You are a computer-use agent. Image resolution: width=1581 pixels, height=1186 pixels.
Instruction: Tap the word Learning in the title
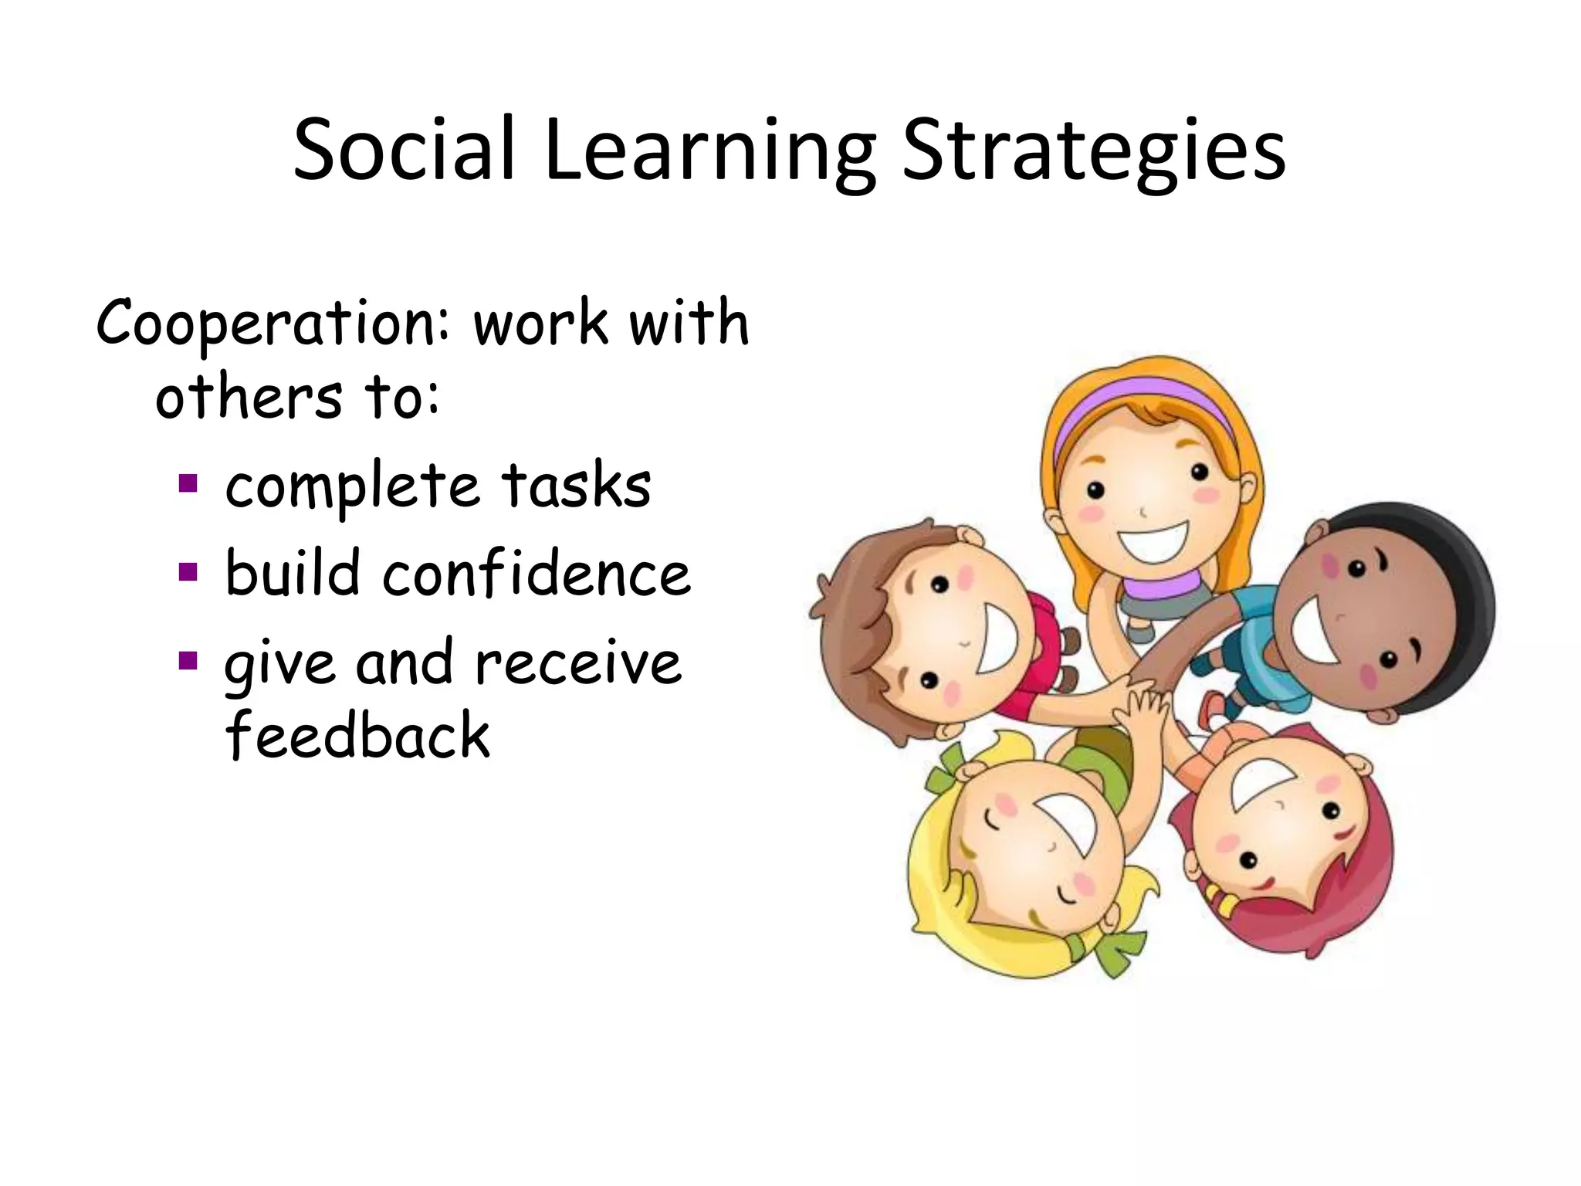(709, 153)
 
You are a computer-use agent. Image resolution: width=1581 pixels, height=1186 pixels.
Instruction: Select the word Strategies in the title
(1093, 153)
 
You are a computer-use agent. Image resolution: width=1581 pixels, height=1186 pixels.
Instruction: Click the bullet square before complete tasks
(188, 484)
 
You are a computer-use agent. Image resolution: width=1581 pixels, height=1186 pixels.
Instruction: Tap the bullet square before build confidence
(188, 572)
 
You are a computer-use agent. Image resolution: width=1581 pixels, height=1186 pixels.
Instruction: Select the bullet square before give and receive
(188, 661)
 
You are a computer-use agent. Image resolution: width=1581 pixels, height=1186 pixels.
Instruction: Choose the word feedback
(357, 735)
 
